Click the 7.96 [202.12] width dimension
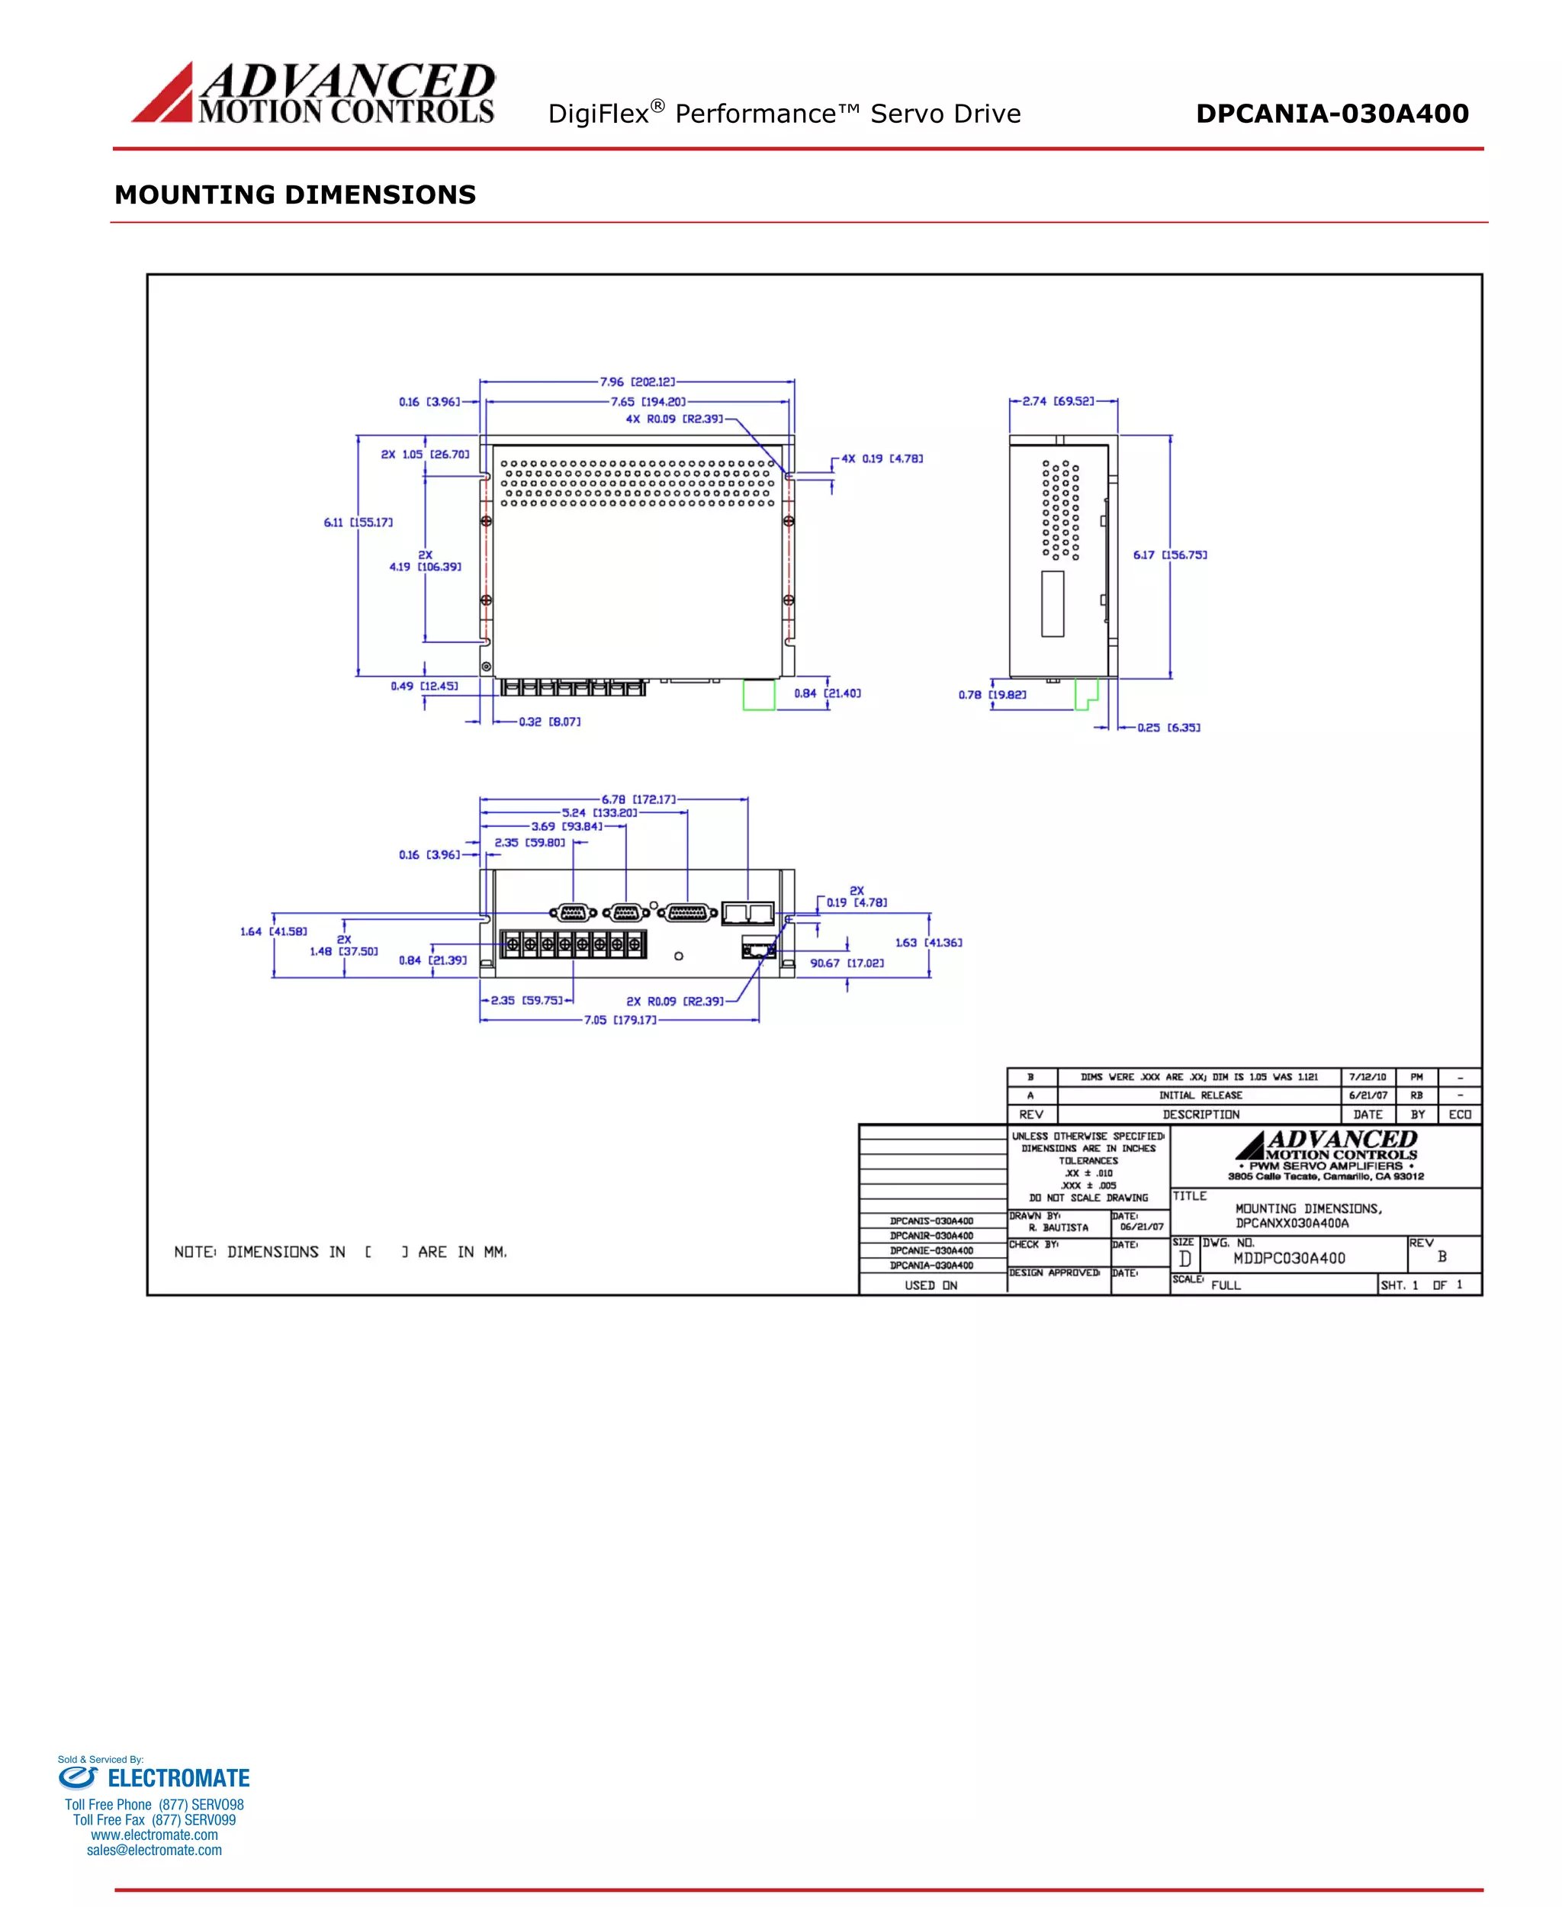(x=637, y=382)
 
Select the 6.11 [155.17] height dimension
(x=358, y=523)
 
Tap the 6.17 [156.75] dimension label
(x=1170, y=555)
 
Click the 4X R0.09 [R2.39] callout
(x=674, y=420)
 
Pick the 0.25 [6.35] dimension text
(x=1168, y=727)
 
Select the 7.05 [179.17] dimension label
(x=620, y=1020)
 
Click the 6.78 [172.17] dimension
(x=639, y=799)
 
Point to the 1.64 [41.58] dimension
(x=274, y=931)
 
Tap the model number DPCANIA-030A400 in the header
(x=1332, y=114)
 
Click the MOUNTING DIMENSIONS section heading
(x=295, y=195)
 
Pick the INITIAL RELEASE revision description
(x=1200, y=1095)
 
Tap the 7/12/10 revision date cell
(x=1368, y=1076)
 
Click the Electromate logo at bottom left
(x=154, y=1777)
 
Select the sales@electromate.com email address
(x=154, y=1851)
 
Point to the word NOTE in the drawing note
(x=194, y=1252)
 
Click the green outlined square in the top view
(x=759, y=696)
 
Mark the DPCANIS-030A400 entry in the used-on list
(x=931, y=1221)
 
